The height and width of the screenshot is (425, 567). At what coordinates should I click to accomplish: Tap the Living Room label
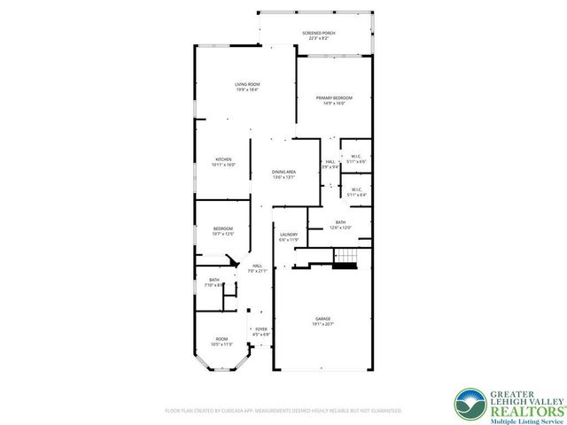coord(247,86)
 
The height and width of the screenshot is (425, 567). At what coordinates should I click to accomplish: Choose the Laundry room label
coord(289,236)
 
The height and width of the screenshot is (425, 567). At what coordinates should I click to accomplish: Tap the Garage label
coord(322,321)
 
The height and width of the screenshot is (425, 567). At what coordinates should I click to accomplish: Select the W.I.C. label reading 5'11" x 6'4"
coord(355,191)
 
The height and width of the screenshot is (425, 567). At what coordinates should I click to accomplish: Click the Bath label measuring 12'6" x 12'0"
coord(340,225)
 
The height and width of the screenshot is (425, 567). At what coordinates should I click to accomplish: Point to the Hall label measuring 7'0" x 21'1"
coord(257,268)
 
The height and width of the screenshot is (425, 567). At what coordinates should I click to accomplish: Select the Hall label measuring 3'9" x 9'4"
coord(330,164)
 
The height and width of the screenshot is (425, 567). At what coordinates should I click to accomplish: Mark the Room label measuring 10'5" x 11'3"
coord(221,341)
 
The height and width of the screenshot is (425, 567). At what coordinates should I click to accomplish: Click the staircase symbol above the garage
coord(345,258)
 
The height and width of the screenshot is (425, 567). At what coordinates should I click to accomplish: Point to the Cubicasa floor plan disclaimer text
coord(283,411)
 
